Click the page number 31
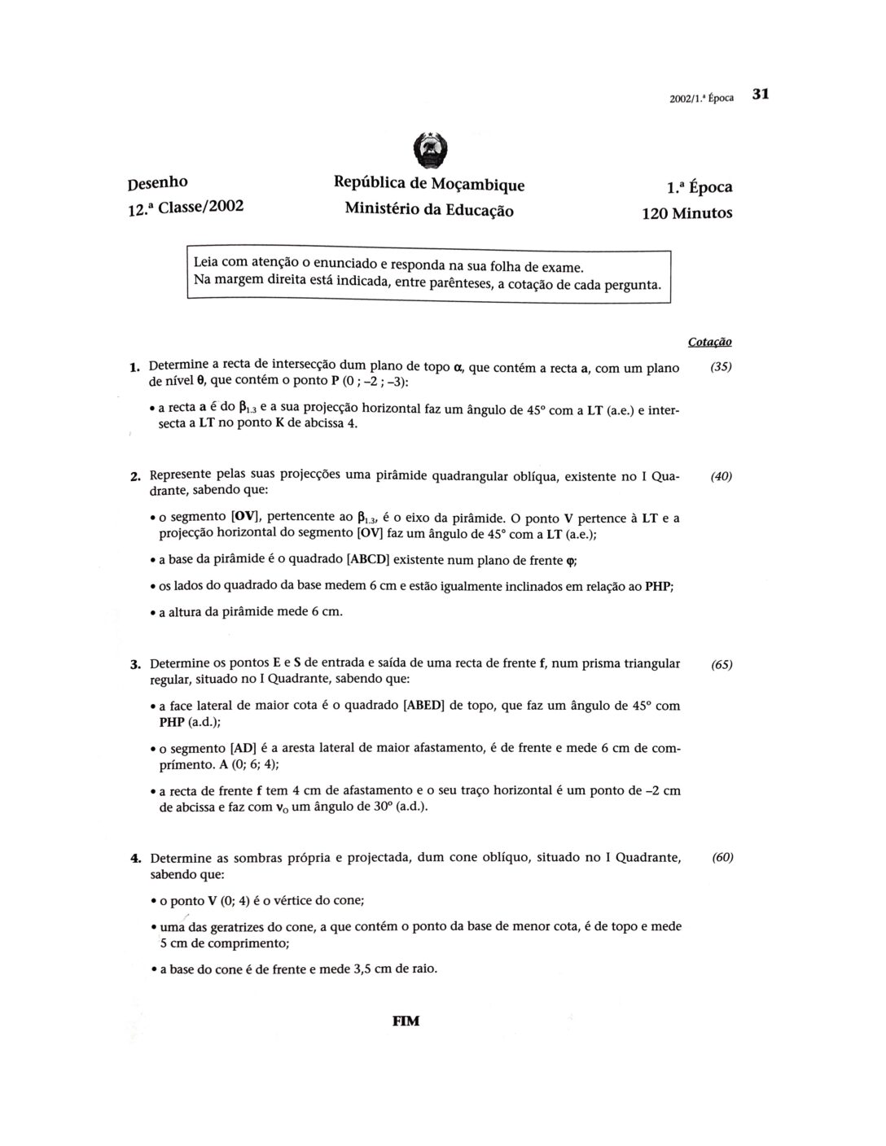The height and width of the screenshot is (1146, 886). (761, 94)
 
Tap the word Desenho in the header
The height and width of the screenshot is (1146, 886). (157, 182)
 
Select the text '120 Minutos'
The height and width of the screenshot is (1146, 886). (686, 213)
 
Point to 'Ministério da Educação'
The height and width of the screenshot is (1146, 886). (429, 209)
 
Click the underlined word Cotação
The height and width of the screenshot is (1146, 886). (709, 342)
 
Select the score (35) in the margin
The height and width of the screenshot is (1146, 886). (721, 367)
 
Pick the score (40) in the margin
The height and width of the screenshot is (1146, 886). (721, 477)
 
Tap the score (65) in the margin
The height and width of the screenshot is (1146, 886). (722, 664)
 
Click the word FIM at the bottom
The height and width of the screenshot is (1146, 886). (406, 1021)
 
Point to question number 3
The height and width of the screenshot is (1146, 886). (135, 664)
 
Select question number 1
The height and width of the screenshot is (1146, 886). (134, 369)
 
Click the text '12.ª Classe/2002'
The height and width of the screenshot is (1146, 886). (186, 207)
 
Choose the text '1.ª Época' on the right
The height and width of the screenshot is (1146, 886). (699, 187)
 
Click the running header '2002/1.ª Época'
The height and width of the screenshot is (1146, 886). (701, 98)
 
